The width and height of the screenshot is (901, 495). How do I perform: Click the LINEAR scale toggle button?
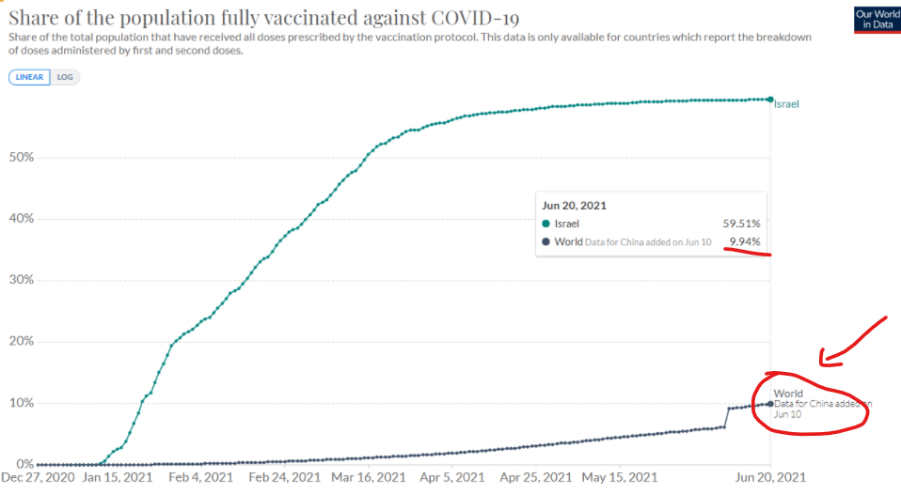point(30,77)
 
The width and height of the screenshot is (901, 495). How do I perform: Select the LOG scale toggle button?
point(65,77)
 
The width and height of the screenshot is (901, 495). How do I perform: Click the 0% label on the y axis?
point(24,464)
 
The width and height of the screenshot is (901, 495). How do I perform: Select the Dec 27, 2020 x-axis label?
point(39,477)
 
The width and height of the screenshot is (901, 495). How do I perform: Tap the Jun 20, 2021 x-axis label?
point(770,477)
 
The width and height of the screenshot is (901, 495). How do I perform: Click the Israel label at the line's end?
point(786,104)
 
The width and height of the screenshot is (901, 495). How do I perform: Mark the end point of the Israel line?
point(770,99)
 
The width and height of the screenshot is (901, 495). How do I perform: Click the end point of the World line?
point(770,403)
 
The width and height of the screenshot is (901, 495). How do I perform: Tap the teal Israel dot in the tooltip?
point(546,224)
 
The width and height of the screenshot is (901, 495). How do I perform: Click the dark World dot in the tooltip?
point(546,241)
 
